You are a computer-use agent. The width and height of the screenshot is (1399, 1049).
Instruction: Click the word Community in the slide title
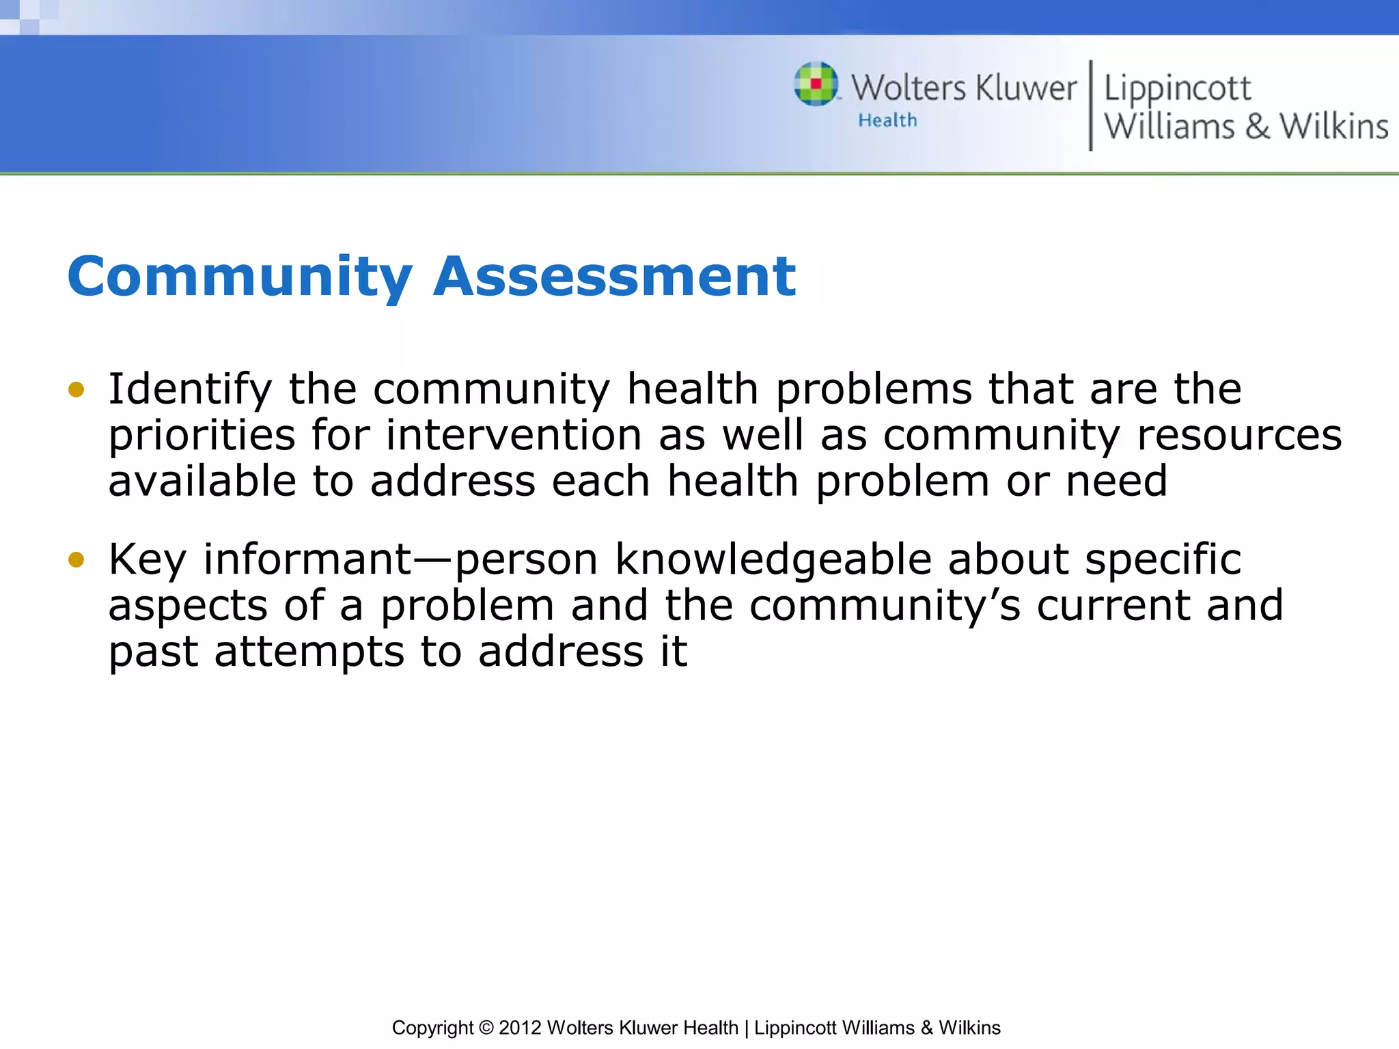pyautogui.click(x=240, y=277)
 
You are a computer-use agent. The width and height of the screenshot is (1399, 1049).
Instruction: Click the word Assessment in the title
pyautogui.click(x=615, y=277)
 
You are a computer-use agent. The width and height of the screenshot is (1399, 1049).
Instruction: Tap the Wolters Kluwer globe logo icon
pyautogui.click(x=816, y=84)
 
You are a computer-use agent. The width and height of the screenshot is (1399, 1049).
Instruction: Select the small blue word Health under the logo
pyautogui.click(x=887, y=121)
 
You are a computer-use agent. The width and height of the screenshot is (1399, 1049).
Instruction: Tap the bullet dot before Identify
pyautogui.click(x=76, y=390)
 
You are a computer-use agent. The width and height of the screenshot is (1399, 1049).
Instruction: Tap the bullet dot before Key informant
pyautogui.click(x=76, y=560)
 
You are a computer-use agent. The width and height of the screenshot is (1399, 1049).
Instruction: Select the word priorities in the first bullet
pyautogui.click(x=202, y=436)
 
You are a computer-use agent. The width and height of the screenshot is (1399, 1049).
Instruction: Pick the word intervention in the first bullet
pyautogui.click(x=514, y=435)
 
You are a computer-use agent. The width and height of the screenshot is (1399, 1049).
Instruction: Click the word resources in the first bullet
pyautogui.click(x=1239, y=436)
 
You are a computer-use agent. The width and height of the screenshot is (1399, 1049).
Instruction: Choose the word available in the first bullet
pyautogui.click(x=202, y=481)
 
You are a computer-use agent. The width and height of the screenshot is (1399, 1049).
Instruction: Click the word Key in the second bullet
pyautogui.click(x=147, y=560)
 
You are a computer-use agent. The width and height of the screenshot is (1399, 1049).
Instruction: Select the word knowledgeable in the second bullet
pyautogui.click(x=773, y=560)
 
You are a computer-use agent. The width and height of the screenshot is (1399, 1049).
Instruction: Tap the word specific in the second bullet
pyautogui.click(x=1163, y=560)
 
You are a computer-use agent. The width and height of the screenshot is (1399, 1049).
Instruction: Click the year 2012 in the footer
pyautogui.click(x=521, y=1028)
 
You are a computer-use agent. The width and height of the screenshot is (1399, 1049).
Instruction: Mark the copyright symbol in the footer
pyautogui.click(x=486, y=1028)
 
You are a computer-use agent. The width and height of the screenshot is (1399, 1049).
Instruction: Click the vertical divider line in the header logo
pyautogui.click(x=1090, y=105)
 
